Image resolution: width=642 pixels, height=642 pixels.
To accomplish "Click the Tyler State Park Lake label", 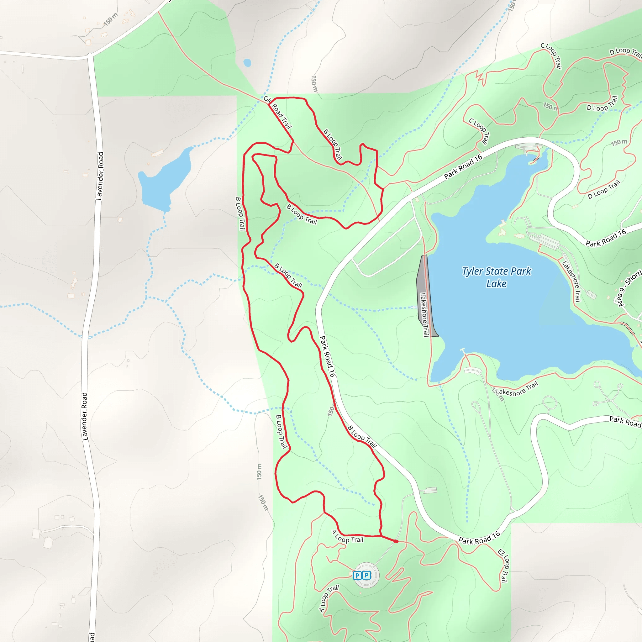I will pos(497,277).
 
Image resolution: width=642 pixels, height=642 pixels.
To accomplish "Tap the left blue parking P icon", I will pos(357,575).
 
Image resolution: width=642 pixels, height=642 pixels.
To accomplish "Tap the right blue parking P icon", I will pos(366,575).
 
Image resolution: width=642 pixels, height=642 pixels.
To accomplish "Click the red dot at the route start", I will pos(396,541).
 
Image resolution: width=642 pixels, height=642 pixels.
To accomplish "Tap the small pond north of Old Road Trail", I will pos(247,63).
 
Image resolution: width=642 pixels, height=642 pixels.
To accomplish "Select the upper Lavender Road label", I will pos(99,176).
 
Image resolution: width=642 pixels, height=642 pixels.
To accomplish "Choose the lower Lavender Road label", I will pos(85,416).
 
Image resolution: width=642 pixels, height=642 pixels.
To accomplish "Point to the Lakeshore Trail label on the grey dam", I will pos(424,314).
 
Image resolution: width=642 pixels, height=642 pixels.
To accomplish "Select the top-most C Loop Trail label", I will pos(552,55).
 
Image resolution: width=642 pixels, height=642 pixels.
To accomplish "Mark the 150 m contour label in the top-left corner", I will pos(111,19).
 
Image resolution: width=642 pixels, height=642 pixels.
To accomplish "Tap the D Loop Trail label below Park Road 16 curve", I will pos(603,190).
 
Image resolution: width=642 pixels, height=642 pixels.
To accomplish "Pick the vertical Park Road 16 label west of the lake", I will pos(327,356).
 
